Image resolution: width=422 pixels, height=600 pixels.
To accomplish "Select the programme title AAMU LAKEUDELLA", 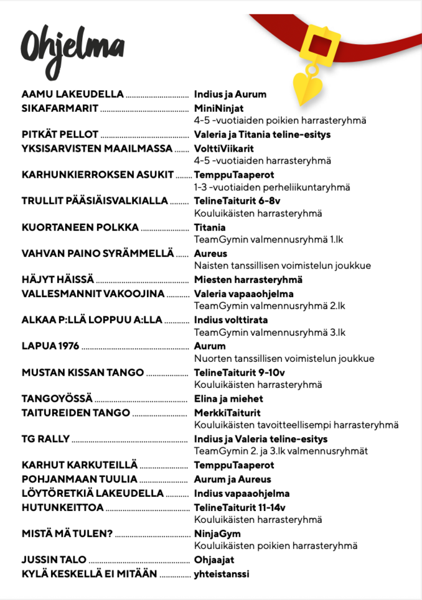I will (73, 95).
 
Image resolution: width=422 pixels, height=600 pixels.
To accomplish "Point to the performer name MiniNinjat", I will (218, 109).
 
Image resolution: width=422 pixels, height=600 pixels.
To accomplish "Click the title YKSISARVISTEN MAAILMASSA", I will (96, 149).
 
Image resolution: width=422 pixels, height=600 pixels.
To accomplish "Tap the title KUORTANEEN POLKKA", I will (80, 228).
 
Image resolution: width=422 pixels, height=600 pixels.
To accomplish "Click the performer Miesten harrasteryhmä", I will (248, 280).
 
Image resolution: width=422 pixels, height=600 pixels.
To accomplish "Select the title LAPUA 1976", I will (50, 346).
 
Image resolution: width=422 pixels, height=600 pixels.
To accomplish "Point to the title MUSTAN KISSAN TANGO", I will (83, 372).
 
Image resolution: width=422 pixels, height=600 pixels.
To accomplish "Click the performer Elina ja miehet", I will (228, 399).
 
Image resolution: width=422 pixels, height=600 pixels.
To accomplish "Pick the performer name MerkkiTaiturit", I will (227, 412).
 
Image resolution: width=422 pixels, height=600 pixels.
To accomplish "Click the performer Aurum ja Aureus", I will (233, 479).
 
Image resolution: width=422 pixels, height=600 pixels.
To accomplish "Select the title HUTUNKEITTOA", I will (62, 507).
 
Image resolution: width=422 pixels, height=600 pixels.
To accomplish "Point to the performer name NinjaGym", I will (217, 533).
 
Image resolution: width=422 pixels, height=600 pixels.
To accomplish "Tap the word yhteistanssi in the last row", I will (222, 574).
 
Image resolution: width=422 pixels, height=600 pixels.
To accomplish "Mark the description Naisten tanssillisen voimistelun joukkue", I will (283, 265).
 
